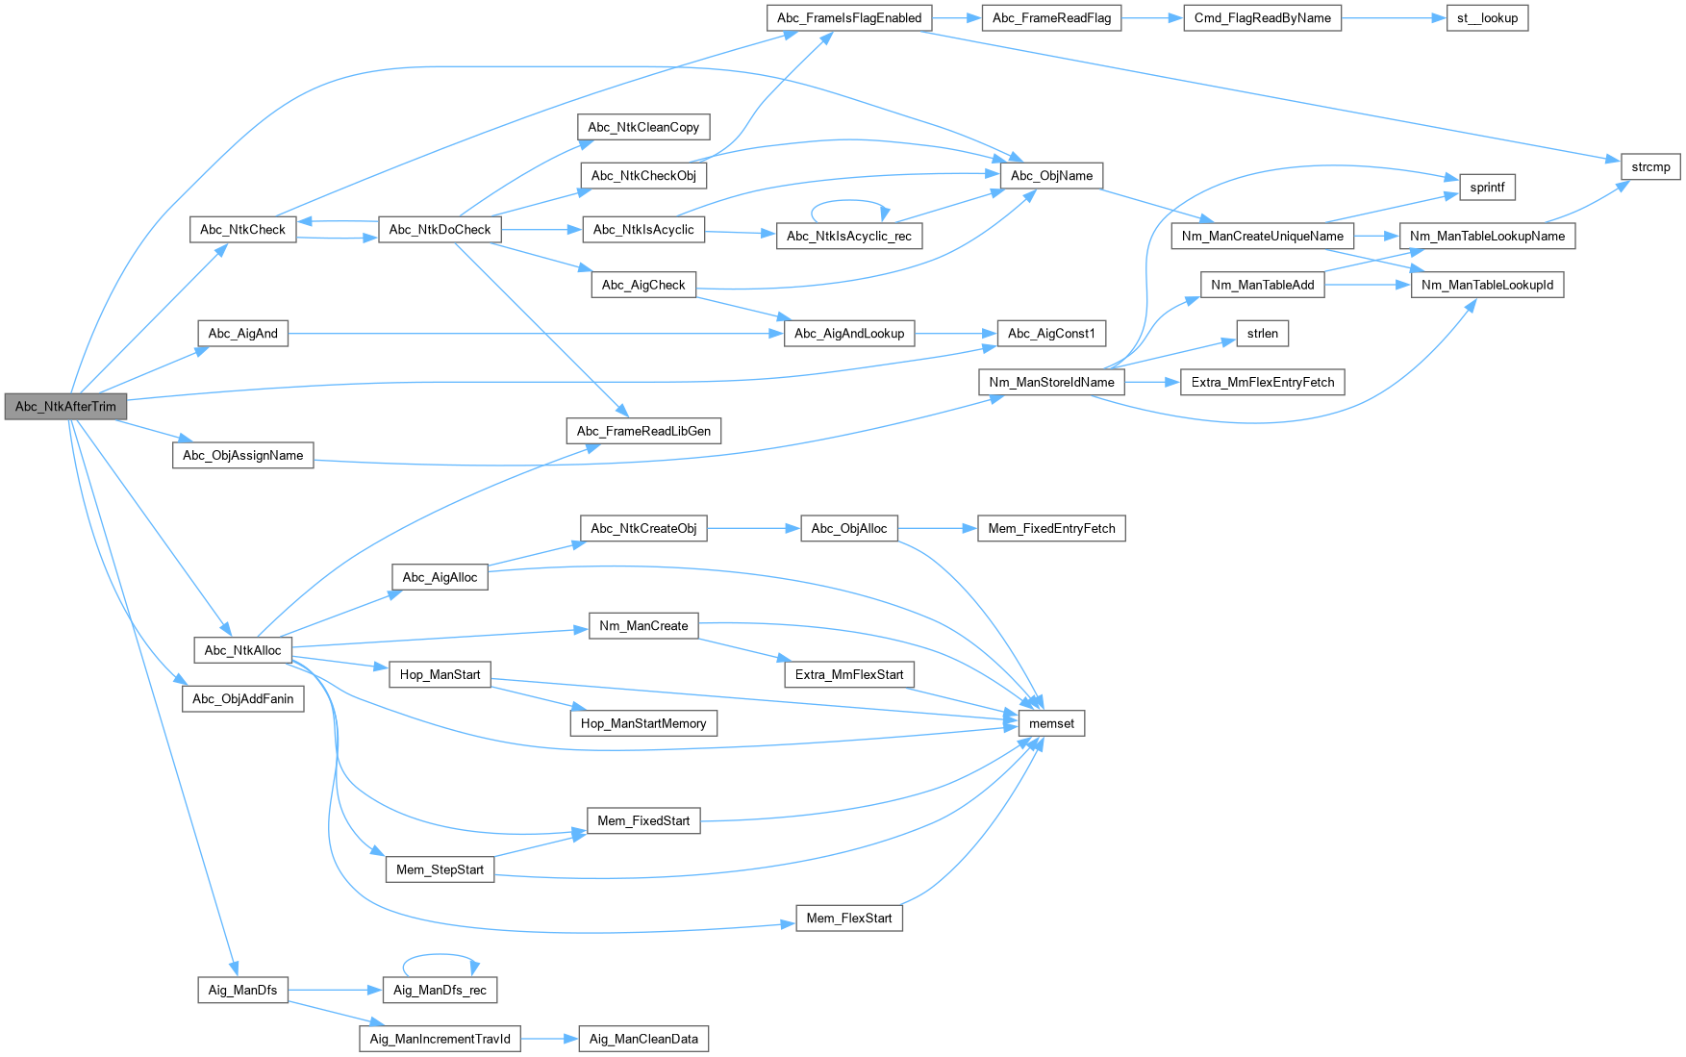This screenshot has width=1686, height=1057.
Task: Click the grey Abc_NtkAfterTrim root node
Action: click(65, 406)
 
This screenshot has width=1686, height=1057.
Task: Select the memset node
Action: click(1051, 723)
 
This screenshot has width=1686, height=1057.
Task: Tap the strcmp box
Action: click(1650, 166)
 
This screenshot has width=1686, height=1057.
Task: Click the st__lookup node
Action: click(1487, 17)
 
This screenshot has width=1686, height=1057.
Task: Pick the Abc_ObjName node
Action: click(1051, 175)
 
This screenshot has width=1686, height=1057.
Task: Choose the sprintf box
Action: click(1487, 187)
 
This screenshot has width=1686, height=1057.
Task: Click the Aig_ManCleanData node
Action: click(643, 1039)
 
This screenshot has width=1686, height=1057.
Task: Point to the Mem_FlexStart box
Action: click(849, 918)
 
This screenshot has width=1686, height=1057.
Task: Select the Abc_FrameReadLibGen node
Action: click(643, 431)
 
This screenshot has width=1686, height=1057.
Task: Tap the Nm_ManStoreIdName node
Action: click(1051, 382)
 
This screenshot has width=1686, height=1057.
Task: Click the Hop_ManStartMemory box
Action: click(643, 723)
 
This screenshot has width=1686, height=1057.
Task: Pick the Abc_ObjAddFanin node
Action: click(242, 698)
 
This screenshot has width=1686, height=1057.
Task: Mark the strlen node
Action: click(1262, 333)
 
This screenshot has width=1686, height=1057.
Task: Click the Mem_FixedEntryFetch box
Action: click(1051, 528)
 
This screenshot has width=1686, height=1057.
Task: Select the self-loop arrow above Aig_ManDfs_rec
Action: click(440, 955)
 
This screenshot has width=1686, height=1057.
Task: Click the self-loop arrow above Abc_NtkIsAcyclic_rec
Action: click(848, 201)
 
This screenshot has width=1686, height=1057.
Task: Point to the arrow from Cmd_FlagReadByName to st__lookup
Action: click(1394, 17)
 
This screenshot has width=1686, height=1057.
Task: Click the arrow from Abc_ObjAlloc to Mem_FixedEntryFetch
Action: click(938, 528)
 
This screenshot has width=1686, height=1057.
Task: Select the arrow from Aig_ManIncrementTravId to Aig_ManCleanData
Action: click(548, 1039)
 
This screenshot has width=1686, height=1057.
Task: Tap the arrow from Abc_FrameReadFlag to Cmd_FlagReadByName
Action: click(1152, 17)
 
